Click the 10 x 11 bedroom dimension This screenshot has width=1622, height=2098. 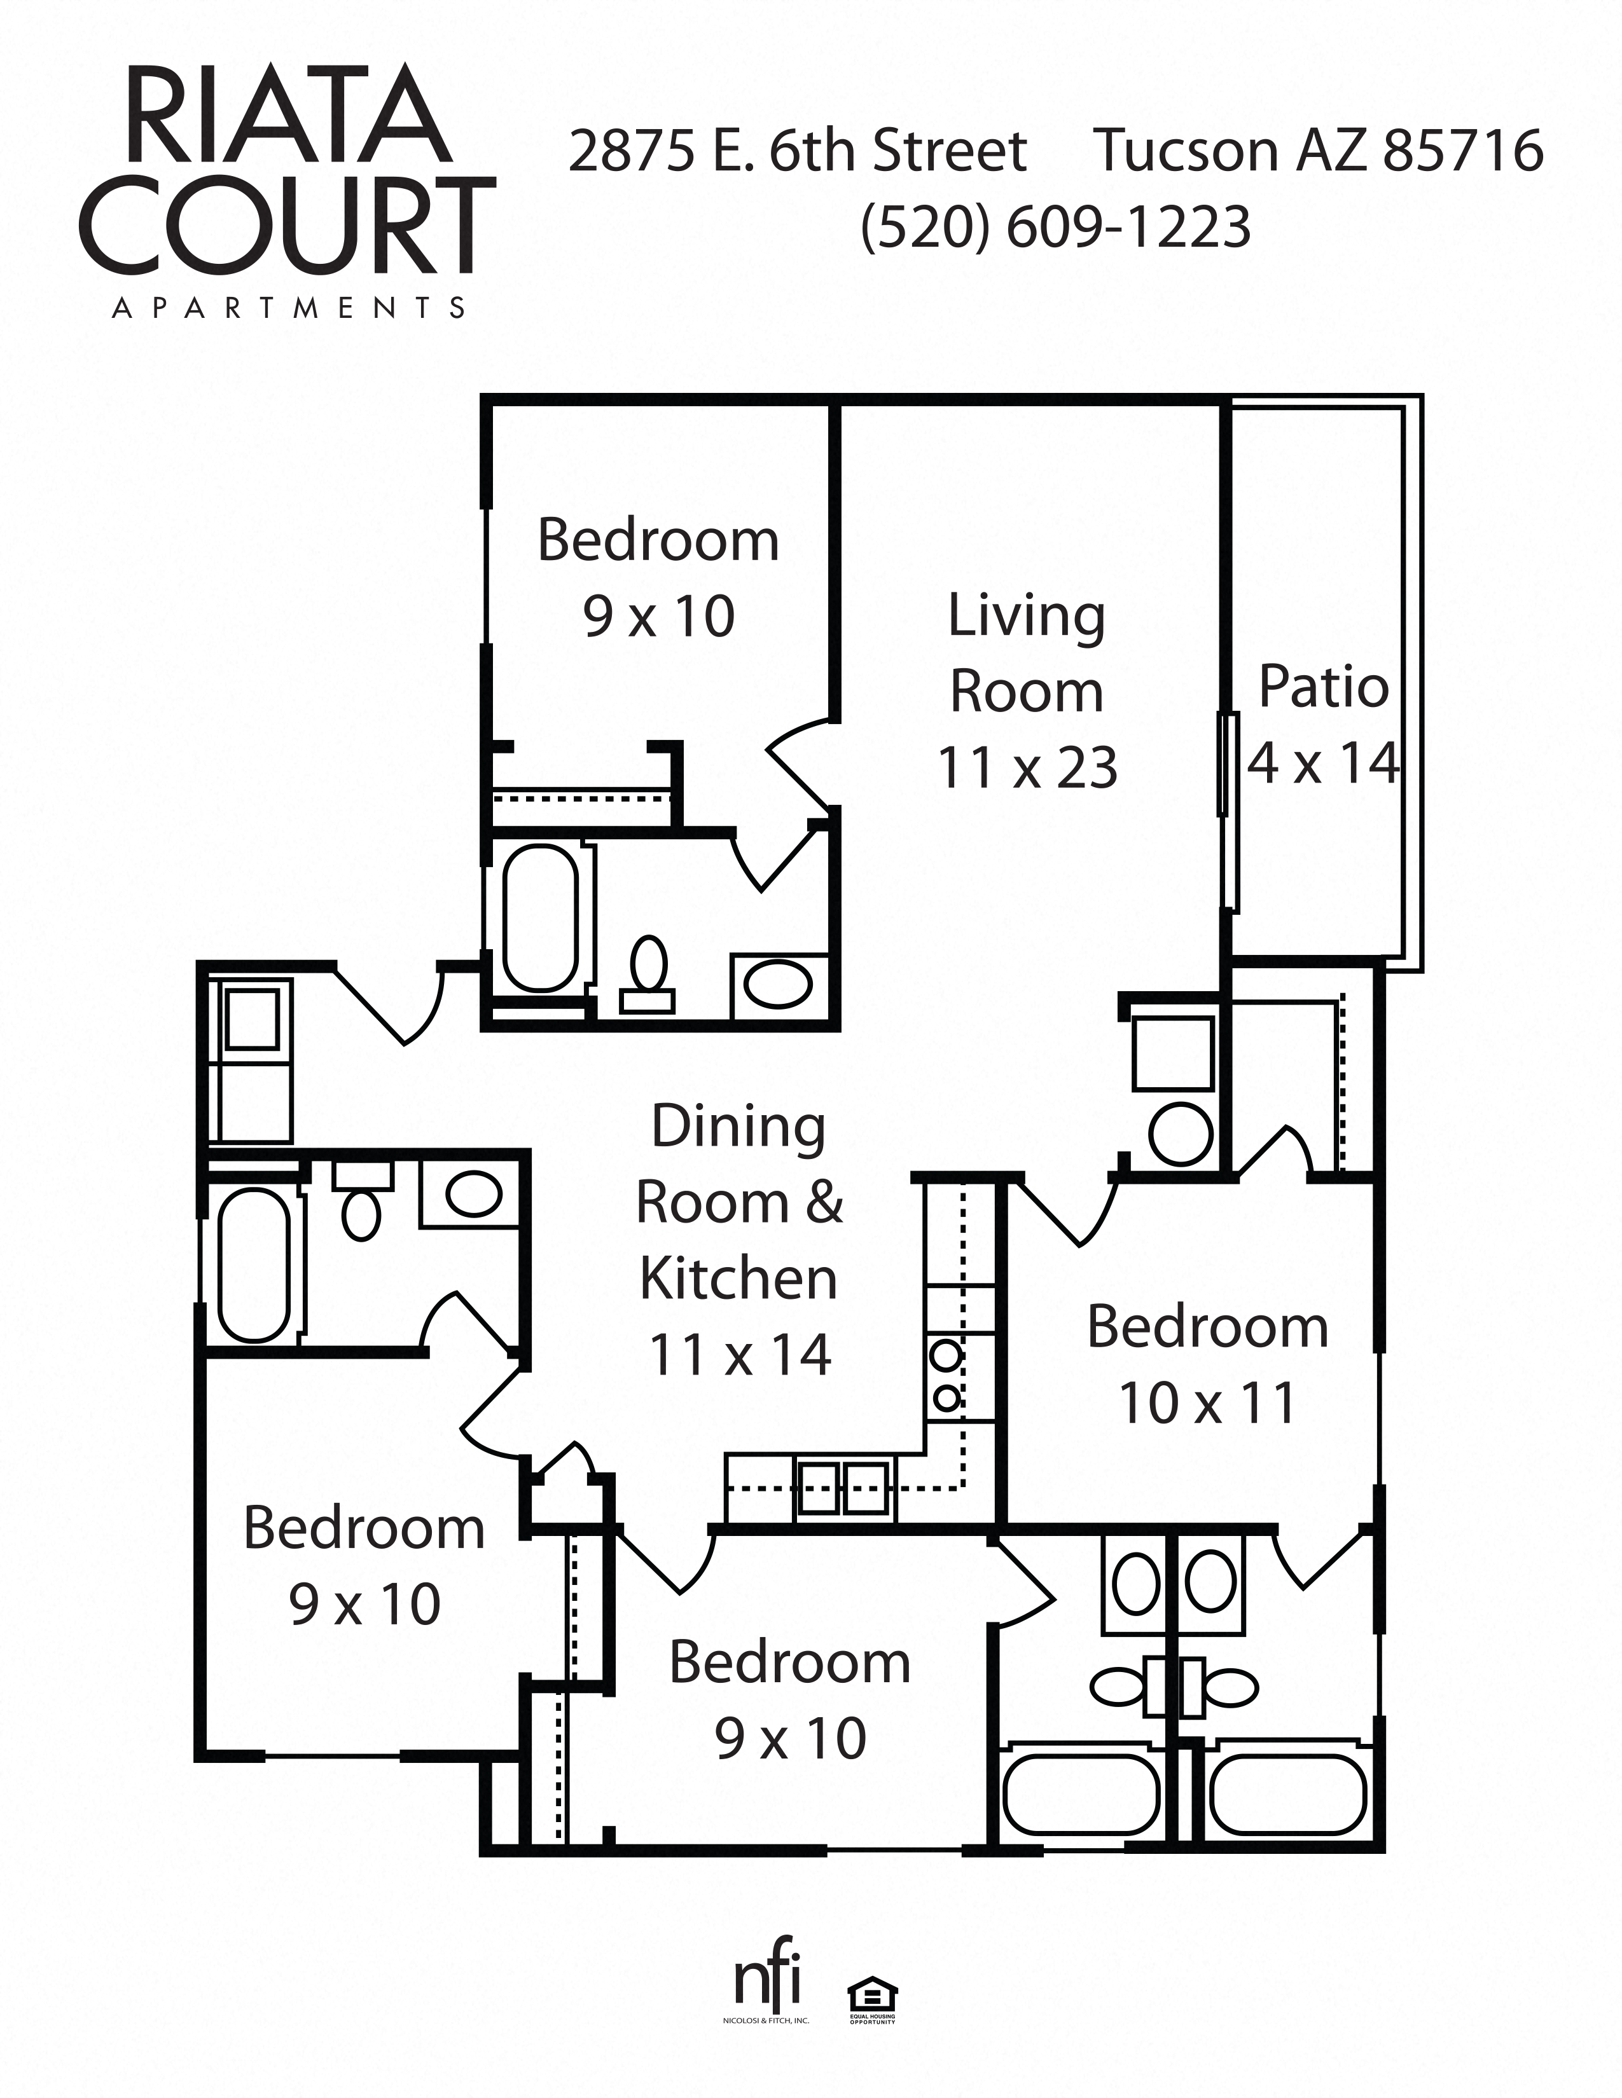pos(1207,1404)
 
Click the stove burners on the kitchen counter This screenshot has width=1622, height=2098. pos(946,1375)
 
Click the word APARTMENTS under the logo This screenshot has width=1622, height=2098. pos(288,308)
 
